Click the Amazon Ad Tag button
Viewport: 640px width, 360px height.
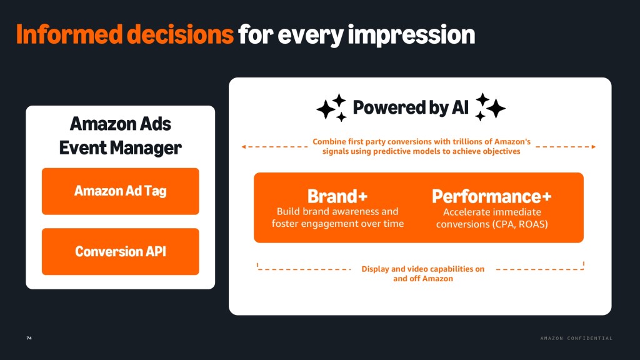(x=121, y=191)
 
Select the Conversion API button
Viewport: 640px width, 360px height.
(x=121, y=251)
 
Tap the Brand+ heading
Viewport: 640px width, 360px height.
(x=337, y=196)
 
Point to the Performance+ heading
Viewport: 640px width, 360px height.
(x=492, y=196)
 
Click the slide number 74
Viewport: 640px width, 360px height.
(x=29, y=338)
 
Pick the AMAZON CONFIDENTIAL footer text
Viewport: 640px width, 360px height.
(x=576, y=338)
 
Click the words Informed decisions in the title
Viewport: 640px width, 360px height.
(x=125, y=34)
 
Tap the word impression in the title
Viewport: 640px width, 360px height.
(x=411, y=35)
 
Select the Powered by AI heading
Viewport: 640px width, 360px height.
(x=411, y=107)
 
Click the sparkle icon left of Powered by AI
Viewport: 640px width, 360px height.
(x=331, y=107)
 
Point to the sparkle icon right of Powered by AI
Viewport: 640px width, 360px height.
(x=490, y=107)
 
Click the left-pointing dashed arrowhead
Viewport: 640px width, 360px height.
(x=244, y=146)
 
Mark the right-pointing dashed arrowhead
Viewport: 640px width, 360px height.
(x=594, y=146)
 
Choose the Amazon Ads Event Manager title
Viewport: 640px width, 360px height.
(x=121, y=136)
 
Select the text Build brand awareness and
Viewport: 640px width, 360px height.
(x=337, y=211)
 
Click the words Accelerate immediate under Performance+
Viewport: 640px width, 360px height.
(x=492, y=212)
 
